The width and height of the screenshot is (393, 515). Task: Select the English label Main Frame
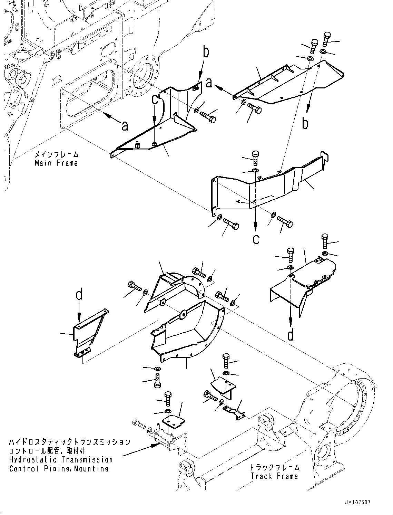(56, 163)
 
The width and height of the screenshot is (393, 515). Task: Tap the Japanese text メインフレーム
(56, 154)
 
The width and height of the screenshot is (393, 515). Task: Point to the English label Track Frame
(274, 476)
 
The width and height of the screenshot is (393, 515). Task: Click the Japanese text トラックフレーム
(275, 467)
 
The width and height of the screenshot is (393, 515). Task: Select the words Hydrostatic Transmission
(61, 460)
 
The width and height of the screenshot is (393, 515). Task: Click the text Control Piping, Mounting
(59, 469)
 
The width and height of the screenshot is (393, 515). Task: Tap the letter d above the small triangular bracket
(79, 295)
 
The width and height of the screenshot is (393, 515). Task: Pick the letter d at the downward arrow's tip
(291, 334)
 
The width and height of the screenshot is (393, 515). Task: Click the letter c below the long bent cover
(256, 239)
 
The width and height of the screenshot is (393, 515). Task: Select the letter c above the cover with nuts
(156, 100)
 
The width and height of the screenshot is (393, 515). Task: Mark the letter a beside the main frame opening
(125, 126)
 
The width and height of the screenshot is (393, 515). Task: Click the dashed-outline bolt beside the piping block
(139, 423)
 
